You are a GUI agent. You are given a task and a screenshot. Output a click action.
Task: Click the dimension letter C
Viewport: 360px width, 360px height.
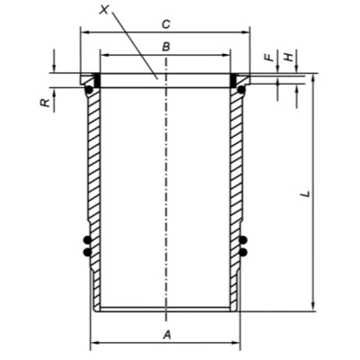click(166, 24)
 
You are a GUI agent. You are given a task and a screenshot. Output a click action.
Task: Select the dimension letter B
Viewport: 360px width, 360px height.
click(166, 47)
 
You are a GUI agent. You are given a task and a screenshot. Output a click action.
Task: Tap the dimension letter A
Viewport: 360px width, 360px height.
click(166, 335)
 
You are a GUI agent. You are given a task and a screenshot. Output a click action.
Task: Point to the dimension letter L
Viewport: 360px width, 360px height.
click(305, 193)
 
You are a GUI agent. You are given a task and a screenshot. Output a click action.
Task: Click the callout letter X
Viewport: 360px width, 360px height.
click(104, 9)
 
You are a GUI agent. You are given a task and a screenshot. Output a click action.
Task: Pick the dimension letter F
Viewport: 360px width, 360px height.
click(270, 57)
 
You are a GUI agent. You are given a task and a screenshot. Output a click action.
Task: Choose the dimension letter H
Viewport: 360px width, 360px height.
click(288, 57)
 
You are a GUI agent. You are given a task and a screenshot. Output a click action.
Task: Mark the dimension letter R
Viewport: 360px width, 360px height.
click(45, 103)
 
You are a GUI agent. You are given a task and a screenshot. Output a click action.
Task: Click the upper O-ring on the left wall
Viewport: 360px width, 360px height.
click(87, 239)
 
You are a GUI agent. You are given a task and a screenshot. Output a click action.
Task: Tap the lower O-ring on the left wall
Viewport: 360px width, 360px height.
click(87, 252)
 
